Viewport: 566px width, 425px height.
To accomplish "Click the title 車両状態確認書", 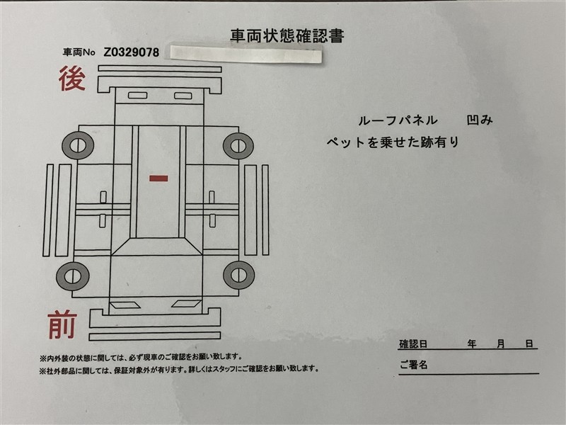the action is coord(287,36).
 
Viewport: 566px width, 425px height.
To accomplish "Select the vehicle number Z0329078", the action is coord(132,52).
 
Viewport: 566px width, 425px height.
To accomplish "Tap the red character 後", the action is coord(72,79).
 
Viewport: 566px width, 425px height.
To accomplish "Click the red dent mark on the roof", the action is coord(158,178).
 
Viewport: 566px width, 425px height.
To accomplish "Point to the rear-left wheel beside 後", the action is coord(78,145).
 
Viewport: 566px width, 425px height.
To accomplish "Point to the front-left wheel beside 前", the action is coord(73,276).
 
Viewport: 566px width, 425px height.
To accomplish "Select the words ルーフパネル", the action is coord(398,120).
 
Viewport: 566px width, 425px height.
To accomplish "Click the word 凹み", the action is coord(480,120).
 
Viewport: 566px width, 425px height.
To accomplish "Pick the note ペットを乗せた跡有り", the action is coord(393,142).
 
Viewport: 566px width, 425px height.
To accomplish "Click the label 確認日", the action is coord(413,344).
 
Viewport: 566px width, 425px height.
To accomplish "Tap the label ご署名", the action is coord(414,364).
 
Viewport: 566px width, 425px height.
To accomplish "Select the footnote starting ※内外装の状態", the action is coord(141,358).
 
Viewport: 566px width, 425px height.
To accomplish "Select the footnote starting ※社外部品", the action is coord(180,369).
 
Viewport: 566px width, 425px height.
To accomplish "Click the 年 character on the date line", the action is coord(472,344).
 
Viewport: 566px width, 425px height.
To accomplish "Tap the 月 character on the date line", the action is coord(500,344).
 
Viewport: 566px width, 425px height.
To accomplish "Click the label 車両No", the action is coord(79,52).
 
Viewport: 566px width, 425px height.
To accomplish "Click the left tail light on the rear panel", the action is coord(137,96).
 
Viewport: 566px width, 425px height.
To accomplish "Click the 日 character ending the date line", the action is coord(529,344).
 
